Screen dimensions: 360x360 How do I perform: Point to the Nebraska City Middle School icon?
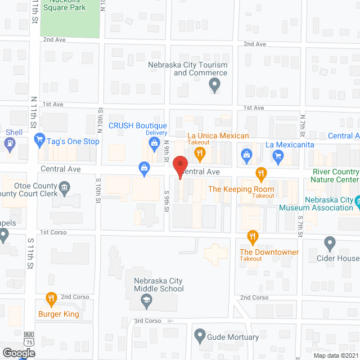pos(146,303)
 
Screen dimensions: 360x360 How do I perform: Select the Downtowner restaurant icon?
pos(253,237)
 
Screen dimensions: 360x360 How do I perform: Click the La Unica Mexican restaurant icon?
pos(199,152)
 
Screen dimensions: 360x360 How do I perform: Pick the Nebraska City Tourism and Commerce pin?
pos(214,85)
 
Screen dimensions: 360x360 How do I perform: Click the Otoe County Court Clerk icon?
pos(65,187)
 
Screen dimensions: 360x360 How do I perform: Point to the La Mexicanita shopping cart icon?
pos(278,156)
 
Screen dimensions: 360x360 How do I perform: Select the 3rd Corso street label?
pos(147,321)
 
